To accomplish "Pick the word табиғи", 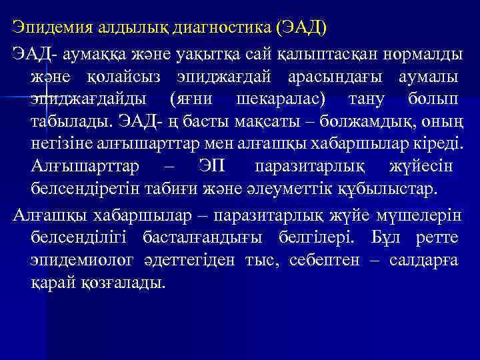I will click(x=190, y=189).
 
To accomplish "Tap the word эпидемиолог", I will click(x=79, y=259).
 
